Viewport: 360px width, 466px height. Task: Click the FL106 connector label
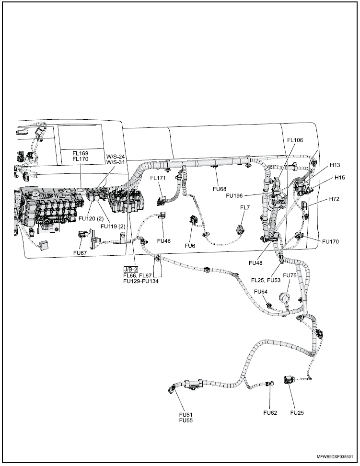click(x=295, y=140)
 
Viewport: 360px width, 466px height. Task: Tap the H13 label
click(x=335, y=165)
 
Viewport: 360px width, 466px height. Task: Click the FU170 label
click(x=330, y=242)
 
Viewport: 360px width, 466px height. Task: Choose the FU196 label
click(x=235, y=195)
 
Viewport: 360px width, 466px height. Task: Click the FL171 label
click(x=158, y=178)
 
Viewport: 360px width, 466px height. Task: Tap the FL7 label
click(x=245, y=207)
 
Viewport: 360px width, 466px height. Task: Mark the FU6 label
click(x=190, y=245)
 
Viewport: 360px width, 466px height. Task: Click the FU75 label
click(x=290, y=275)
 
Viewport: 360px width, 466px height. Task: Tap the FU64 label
click(x=261, y=292)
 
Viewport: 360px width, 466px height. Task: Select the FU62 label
click(x=270, y=412)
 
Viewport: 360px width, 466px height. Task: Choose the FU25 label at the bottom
click(x=297, y=412)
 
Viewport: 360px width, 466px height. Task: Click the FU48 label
click(x=256, y=263)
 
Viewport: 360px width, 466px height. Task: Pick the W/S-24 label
click(x=115, y=156)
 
